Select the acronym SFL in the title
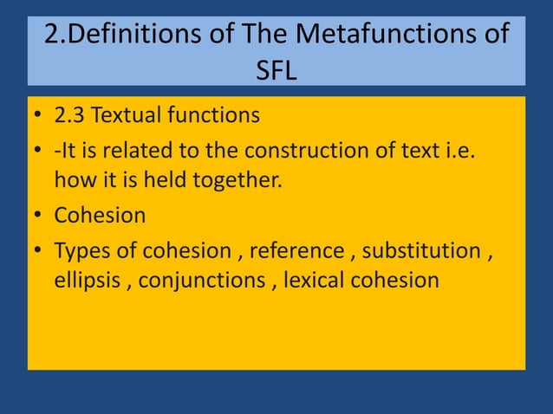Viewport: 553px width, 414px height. pyautogui.click(x=276, y=69)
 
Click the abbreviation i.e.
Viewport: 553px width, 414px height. pyautogui.click(x=459, y=151)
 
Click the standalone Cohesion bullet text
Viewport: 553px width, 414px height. pyautogui.click(x=99, y=215)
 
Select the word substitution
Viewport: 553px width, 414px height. pyautogui.click(x=421, y=251)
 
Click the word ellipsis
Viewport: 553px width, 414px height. pyautogui.click(x=86, y=281)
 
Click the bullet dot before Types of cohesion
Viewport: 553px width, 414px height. pyautogui.click(x=39, y=252)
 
